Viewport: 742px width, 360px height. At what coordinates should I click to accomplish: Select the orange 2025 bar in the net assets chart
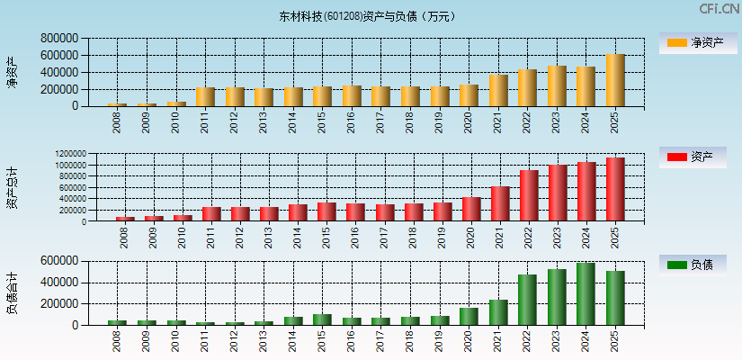coord(615,80)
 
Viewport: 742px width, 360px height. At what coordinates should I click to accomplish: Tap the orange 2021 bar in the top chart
coord(498,90)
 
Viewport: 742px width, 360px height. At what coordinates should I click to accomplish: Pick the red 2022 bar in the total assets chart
coord(529,195)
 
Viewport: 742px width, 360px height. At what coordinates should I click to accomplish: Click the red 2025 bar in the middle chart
coord(615,189)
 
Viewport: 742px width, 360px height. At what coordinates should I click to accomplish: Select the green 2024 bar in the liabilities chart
coord(586,294)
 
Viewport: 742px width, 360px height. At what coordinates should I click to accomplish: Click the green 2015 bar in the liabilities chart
coord(322,319)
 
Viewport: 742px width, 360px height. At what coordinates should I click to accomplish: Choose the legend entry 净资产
coord(692,42)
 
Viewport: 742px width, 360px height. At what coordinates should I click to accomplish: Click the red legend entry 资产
coord(692,157)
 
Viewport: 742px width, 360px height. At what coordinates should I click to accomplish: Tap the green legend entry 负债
coord(692,265)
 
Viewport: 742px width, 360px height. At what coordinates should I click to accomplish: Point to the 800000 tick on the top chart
coord(59,39)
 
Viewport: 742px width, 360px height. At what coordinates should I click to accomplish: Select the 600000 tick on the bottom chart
coord(59,261)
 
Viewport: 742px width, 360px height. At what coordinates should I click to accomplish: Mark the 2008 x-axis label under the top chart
coord(117,122)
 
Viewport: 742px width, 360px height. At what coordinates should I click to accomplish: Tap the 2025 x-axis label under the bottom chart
coord(615,341)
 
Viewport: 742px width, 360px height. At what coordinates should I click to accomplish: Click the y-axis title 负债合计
coord(13,293)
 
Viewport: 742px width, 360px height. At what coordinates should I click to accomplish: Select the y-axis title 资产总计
coord(13,188)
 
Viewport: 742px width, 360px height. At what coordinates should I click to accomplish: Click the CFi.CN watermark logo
coord(719,9)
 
